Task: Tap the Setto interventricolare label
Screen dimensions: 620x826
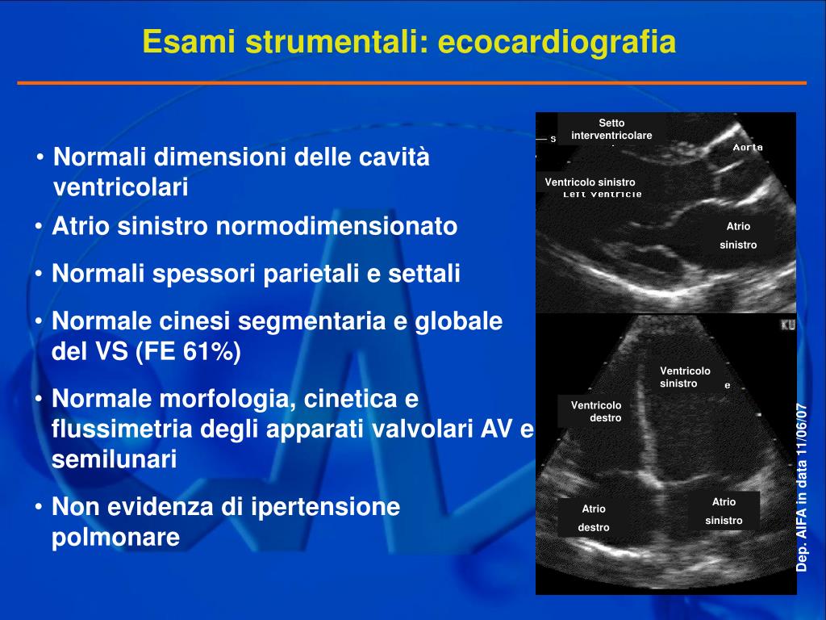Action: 611,129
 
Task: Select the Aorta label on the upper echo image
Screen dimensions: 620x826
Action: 748,147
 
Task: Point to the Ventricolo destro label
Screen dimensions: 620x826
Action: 596,412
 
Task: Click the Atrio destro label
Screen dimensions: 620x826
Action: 594,517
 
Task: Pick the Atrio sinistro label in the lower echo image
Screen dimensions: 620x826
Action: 724,511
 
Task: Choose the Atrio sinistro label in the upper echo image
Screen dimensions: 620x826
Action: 738,236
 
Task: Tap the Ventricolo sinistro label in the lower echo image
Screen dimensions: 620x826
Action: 685,377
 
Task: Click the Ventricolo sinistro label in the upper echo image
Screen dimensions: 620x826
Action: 590,182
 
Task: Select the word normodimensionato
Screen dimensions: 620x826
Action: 336,227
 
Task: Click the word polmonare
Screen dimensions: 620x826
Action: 116,538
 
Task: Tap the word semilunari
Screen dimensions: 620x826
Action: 114,460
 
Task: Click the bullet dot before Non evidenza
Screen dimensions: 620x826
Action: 40,508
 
